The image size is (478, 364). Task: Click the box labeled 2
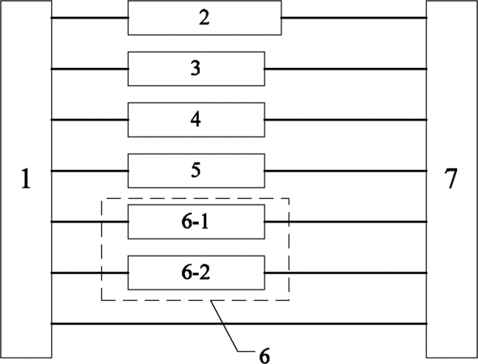point(205,18)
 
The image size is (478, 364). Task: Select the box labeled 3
point(197,69)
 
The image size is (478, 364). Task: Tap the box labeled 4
point(197,120)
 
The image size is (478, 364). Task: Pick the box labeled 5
point(197,171)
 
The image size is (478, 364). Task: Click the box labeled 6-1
point(197,222)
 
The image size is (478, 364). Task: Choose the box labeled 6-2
point(197,273)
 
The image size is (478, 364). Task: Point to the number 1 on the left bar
point(26,179)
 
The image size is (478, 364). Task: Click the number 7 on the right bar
point(451,178)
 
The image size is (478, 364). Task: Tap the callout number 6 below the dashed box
point(264,355)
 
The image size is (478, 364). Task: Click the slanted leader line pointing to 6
point(224,326)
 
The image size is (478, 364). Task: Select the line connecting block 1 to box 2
point(90,18)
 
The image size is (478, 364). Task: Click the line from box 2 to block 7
point(354,18)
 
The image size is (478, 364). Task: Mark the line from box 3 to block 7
point(345,70)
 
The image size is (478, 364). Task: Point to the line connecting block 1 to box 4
point(90,120)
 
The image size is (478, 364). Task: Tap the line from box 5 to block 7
point(345,171)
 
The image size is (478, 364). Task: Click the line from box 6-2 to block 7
point(345,273)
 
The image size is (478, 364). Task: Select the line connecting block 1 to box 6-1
point(90,222)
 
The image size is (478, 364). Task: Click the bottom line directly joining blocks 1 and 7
point(239,324)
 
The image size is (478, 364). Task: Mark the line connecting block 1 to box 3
point(90,70)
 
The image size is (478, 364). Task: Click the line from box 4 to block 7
point(345,120)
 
